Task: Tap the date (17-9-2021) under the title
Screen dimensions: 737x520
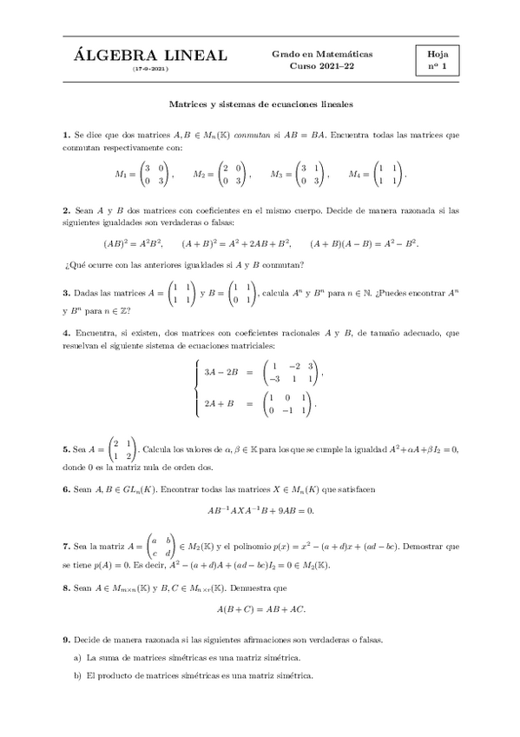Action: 150,69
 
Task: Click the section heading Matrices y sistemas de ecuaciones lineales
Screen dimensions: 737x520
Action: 260,103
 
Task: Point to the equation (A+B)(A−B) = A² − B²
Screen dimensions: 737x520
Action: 364,243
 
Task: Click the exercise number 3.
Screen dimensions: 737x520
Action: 66,293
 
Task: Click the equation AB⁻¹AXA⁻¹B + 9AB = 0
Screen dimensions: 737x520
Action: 260,510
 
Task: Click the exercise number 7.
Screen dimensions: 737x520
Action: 66,546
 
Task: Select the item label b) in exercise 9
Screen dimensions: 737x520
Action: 78,675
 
